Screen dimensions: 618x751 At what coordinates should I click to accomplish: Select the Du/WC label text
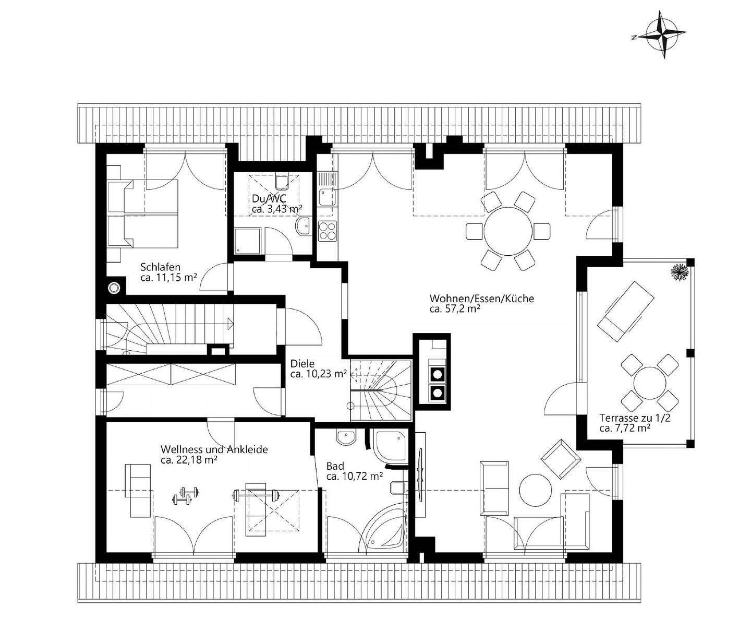pyautogui.click(x=264, y=198)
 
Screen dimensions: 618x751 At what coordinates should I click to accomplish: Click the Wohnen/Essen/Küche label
pyautogui.click(x=481, y=299)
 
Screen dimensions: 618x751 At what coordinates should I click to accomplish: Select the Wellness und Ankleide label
pyautogui.click(x=214, y=449)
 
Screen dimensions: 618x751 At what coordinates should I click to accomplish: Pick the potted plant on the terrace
pyautogui.click(x=679, y=272)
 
